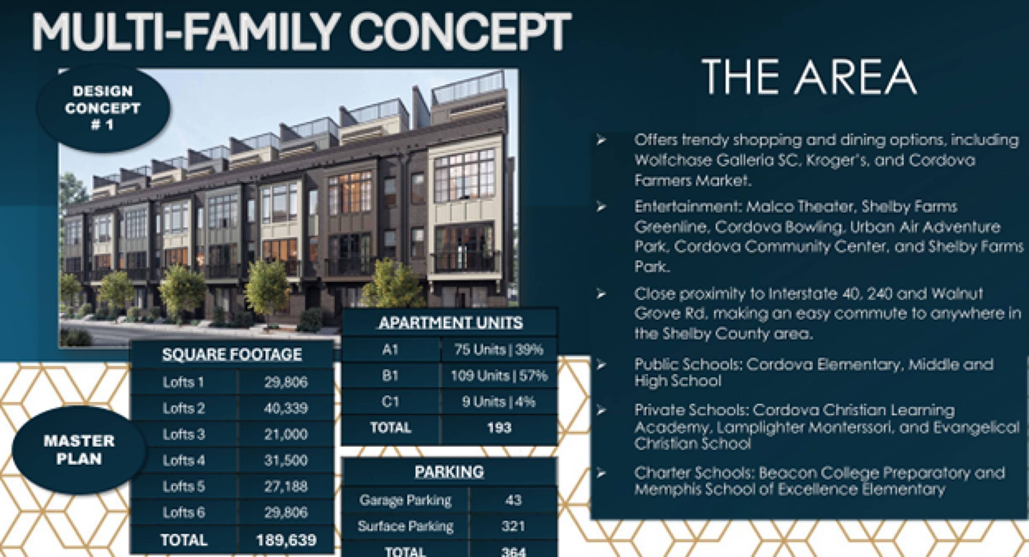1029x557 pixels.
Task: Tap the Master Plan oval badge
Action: pyautogui.click(x=79, y=450)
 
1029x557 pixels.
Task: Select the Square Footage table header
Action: pyautogui.click(x=232, y=354)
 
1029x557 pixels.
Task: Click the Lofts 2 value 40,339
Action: pyautogui.click(x=286, y=408)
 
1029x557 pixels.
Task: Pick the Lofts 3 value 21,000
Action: pyautogui.click(x=286, y=434)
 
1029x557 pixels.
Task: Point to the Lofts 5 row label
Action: pyautogui.click(x=184, y=486)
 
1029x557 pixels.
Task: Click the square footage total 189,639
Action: pyautogui.click(x=286, y=540)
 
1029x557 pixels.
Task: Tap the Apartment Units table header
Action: pyautogui.click(x=451, y=323)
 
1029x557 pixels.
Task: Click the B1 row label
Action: pyautogui.click(x=390, y=376)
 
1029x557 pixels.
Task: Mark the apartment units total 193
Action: pyautogui.click(x=499, y=428)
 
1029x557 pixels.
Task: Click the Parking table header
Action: pyautogui.click(x=449, y=472)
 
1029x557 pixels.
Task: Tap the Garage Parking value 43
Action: pyautogui.click(x=513, y=500)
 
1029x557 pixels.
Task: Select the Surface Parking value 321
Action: pyautogui.click(x=513, y=526)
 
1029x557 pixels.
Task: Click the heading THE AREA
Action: pyautogui.click(x=809, y=77)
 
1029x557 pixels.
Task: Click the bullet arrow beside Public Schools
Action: pyautogui.click(x=601, y=364)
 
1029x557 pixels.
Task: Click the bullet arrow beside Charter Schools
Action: pyautogui.click(x=601, y=473)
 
